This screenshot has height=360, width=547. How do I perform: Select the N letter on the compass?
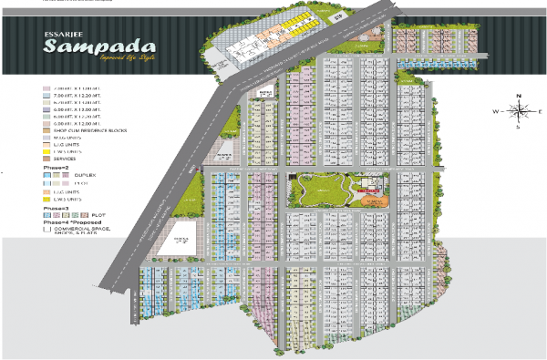click(x=518, y=96)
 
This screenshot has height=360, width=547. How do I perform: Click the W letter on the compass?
click(x=497, y=111)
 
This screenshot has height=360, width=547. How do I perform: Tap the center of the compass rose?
click(x=518, y=111)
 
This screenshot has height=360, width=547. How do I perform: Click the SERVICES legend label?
click(x=66, y=159)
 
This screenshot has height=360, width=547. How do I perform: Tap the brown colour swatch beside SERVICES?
click(x=46, y=159)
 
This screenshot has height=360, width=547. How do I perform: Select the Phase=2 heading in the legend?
click(x=56, y=169)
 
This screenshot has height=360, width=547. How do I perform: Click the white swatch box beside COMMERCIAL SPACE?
click(x=46, y=231)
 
